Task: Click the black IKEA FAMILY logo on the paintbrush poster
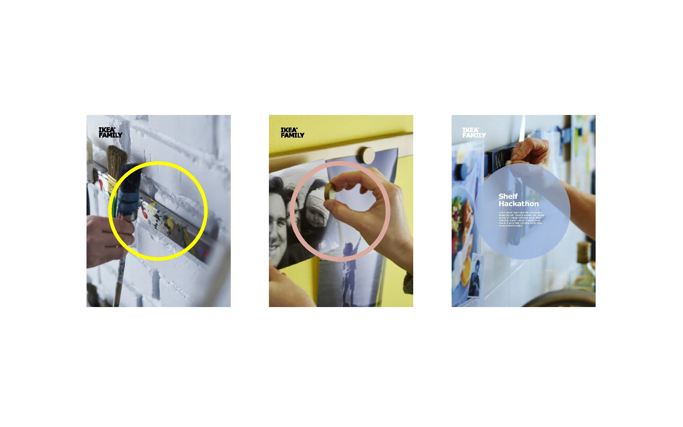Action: (x=110, y=133)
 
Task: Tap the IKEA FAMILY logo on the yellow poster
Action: (x=292, y=133)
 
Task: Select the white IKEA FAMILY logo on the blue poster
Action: (x=474, y=133)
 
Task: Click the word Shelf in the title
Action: (x=508, y=196)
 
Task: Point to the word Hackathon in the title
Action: (x=518, y=204)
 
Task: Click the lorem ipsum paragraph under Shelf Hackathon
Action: (x=521, y=219)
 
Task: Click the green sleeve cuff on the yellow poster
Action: (x=409, y=283)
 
